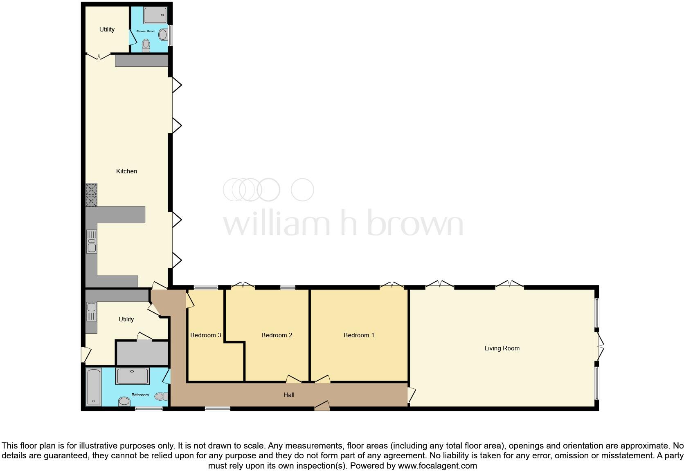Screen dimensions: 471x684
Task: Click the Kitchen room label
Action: tap(126, 171)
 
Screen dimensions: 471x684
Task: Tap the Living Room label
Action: tap(502, 348)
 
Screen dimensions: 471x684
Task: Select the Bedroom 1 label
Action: tap(359, 335)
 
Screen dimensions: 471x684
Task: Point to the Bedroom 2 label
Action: tap(277, 335)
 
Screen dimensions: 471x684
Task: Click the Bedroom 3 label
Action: tap(205, 335)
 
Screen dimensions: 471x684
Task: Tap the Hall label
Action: tap(289, 395)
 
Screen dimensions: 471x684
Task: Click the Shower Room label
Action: tap(146, 31)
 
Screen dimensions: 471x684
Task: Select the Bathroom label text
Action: tap(140, 395)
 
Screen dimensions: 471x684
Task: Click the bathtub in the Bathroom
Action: tap(94, 386)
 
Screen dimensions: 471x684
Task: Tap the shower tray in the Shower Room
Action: tap(155, 16)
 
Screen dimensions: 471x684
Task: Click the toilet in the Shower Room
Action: tap(146, 45)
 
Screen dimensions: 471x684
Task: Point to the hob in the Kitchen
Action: tap(91, 195)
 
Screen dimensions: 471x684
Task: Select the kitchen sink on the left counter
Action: tap(92, 241)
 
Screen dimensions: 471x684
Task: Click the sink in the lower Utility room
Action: tap(92, 311)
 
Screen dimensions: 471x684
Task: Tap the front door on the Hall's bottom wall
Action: tap(322, 406)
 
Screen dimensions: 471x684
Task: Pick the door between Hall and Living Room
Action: tap(411, 395)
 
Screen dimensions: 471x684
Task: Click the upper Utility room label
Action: tap(107, 29)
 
